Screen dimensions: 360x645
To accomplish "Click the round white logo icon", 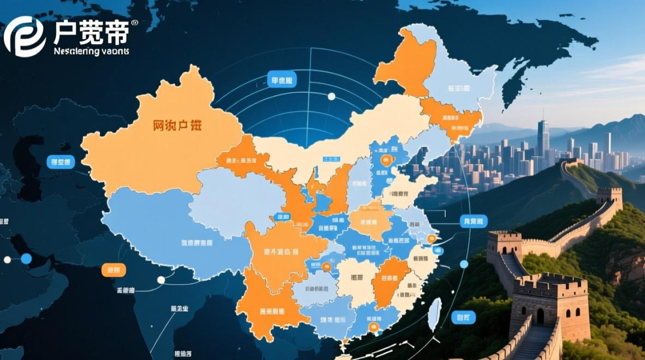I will (24, 36).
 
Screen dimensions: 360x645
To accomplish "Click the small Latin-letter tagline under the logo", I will (91, 51).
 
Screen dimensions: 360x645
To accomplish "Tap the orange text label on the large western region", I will (177, 126).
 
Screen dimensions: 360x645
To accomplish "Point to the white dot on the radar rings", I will (331, 96).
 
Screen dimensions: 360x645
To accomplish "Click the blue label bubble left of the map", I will (60, 162).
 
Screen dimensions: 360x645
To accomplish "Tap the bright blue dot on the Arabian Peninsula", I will (26, 259).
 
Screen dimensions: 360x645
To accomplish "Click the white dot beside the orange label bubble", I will (161, 280).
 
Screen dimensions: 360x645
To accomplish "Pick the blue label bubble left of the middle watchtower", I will (473, 221).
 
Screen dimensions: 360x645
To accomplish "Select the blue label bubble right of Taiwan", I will (464, 317).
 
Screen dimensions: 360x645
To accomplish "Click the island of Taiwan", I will (435, 314).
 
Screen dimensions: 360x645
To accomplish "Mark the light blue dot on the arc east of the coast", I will (464, 264).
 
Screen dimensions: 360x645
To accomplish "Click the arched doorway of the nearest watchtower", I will (540, 316).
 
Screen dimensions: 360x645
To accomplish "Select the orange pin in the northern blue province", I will (384, 160).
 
